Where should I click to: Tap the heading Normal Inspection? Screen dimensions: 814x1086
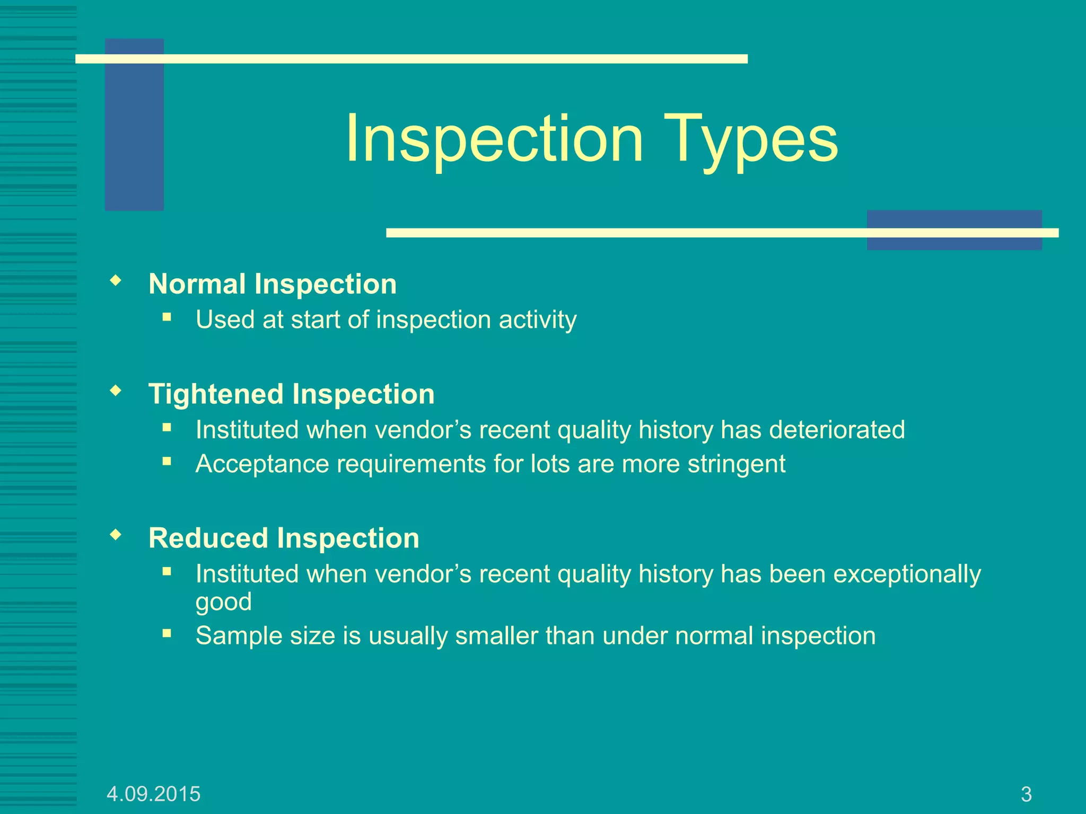pos(273,284)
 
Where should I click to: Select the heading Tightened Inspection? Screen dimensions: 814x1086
pos(292,394)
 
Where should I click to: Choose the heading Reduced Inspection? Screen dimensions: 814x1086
pos(284,538)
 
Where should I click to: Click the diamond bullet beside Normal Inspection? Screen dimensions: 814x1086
pos(116,280)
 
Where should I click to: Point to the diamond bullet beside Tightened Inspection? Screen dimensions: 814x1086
pos(116,391)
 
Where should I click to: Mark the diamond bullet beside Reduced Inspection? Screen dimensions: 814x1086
pos(116,535)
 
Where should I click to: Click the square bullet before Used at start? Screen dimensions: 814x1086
pos(167,317)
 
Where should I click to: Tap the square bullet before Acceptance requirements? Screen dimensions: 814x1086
pos(167,462)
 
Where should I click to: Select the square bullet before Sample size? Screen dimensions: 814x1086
pos(167,633)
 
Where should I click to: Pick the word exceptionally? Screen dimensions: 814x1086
pos(907,574)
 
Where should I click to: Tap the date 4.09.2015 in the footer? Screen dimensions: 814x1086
pos(153,794)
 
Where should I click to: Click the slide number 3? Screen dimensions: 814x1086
pos(1026,794)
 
